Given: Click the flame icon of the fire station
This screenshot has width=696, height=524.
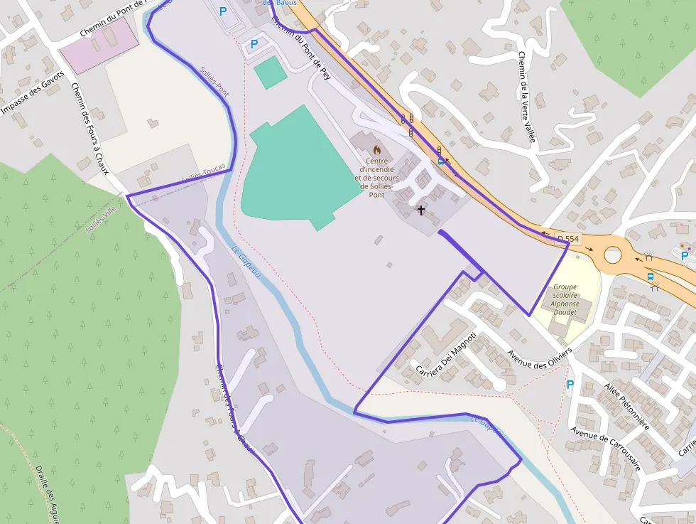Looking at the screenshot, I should (377, 150).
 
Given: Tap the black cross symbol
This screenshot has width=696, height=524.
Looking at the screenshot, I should (420, 210).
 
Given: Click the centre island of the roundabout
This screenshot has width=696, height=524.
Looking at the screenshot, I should (611, 253).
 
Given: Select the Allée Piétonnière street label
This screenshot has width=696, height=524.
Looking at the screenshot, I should (626, 405).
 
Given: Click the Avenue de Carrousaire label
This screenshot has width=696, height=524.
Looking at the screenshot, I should (606, 449).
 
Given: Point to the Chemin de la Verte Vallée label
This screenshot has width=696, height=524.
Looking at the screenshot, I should (526, 97).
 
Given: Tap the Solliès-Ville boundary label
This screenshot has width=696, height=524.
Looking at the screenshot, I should (100, 219).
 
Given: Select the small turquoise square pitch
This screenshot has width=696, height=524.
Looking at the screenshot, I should (270, 73).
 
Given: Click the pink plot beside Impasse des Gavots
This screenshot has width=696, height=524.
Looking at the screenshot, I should (99, 45).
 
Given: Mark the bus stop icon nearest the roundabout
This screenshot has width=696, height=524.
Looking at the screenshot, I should (650, 276).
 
